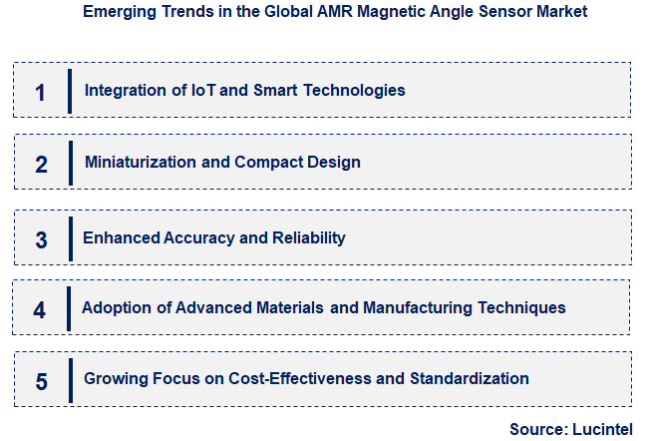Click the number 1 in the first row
[x=40, y=92]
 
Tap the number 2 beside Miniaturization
[x=41, y=164]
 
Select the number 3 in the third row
[x=41, y=239]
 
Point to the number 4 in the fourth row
[x=40, y=309]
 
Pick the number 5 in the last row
[x=41, y=380]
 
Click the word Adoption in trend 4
[x=114, y=307]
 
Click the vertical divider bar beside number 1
[x=70, y=91]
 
